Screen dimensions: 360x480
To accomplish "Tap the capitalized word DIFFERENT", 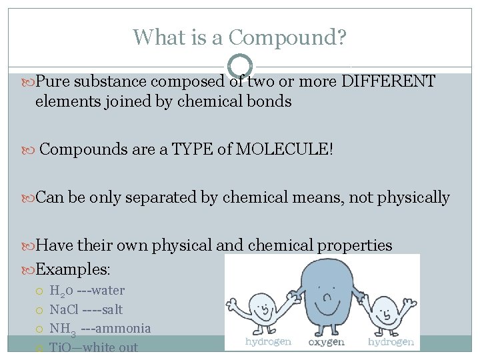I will click(x=388, y=82).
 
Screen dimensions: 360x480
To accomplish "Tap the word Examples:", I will click(x=73, y=269).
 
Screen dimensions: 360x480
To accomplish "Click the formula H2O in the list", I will click(x=61, y=291).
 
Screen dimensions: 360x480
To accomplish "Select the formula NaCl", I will click(x=63, y=309).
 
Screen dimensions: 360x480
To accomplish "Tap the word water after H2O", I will click(x=109, y=291).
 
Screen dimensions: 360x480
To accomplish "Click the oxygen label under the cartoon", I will click(x=326, y=342).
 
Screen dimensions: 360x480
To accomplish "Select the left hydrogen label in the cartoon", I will click(x=268, y=342).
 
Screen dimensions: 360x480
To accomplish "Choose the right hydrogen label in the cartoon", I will click(x=391, y=342).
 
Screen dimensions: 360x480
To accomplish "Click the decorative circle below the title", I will click(x=240, y=66).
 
